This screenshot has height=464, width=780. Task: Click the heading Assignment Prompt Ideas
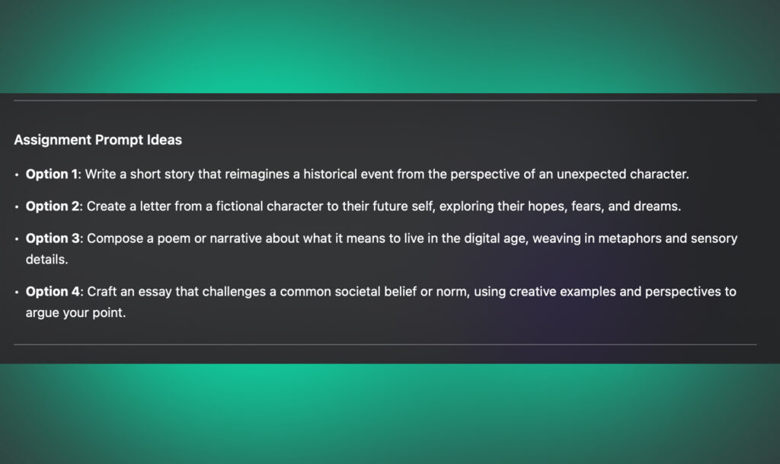97,140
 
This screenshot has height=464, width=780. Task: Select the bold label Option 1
52,174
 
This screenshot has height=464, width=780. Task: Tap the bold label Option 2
53,206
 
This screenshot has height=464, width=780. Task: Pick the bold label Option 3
53,238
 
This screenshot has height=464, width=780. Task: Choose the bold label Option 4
53,291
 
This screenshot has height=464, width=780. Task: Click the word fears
578,206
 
